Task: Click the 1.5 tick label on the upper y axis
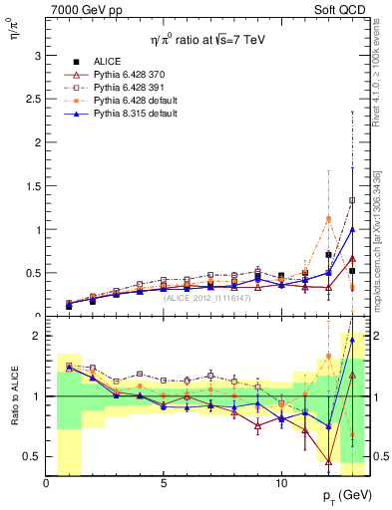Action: [35, 185]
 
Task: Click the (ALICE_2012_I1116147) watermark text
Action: [207, 296]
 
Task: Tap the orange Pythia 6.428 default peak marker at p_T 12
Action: [328, 219]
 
